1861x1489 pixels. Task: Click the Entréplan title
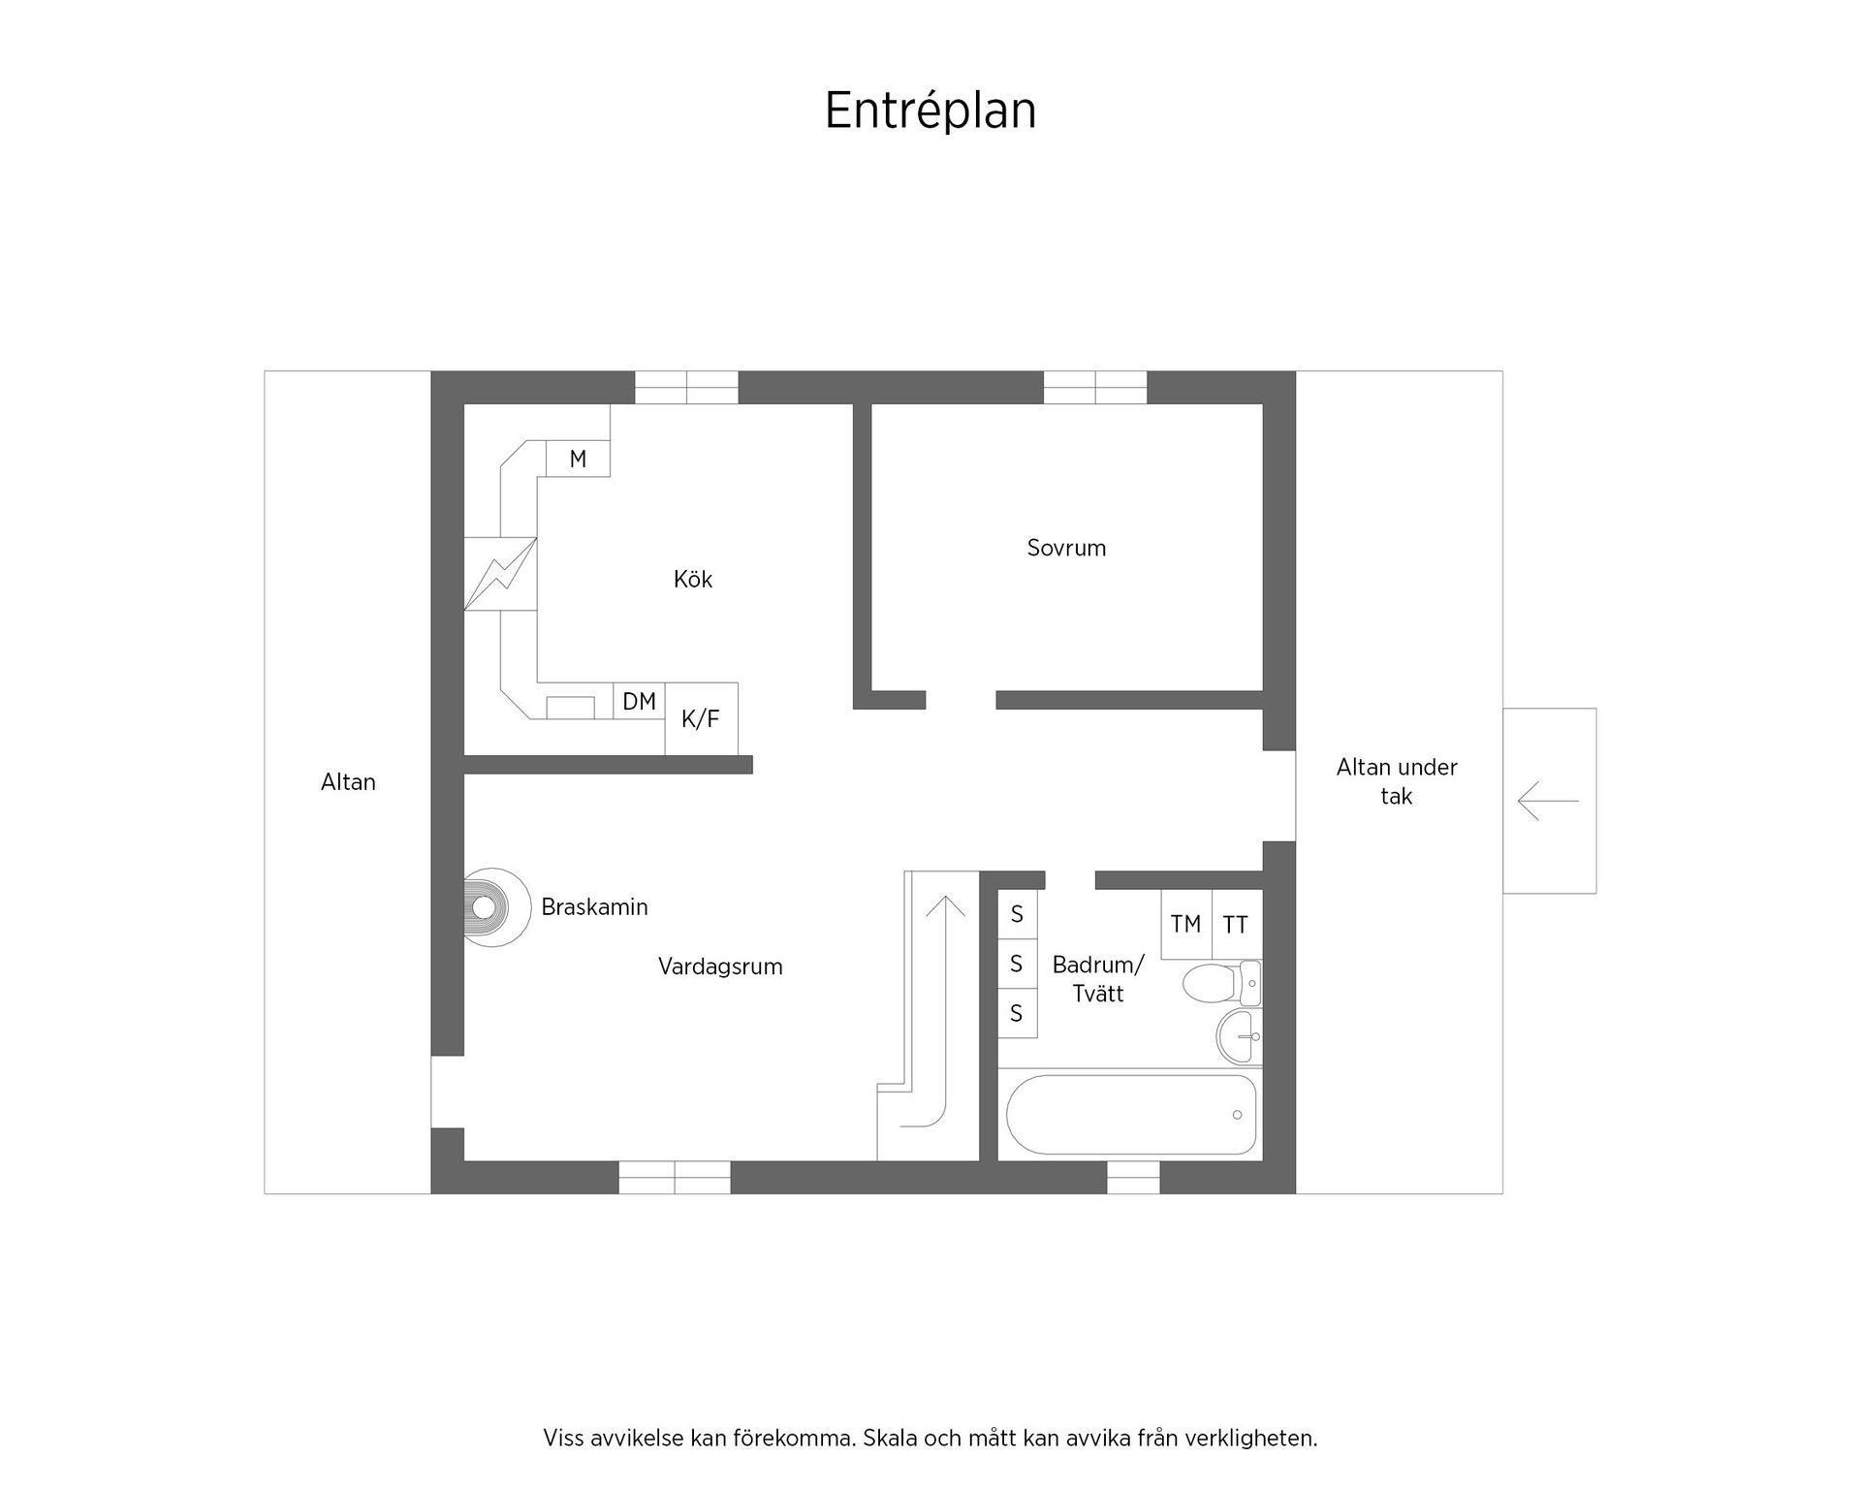(x=930, y=111)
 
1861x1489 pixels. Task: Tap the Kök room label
(x=692, y=580)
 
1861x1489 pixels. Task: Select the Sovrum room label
(x=1066, y=548)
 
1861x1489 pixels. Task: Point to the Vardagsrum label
(x=720, y=966)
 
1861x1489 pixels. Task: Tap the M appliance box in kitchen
(x=578, y=459)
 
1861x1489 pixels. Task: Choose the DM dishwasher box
(x=639, y=701)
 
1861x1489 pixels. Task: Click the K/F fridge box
(x=701, y=719)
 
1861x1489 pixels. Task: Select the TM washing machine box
(x=1185, y=924)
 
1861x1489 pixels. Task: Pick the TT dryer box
(x=1236, y=925)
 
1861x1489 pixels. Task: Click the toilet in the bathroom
(x=1215, y=984)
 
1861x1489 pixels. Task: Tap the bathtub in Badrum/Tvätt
(x=1131, y=1114)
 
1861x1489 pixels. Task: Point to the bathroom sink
(x=1238, y=1036)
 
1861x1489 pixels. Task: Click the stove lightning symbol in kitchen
(x=500, y=574)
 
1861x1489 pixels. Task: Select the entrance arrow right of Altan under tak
(x=1548, y=801)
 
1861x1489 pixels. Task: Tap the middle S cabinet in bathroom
(x=1017, y=964)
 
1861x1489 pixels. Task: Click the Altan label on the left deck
(x=348, y=782)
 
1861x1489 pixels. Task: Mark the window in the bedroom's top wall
(x=1095, y=388)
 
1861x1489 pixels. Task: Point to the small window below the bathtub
(x=1133, y=1177)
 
